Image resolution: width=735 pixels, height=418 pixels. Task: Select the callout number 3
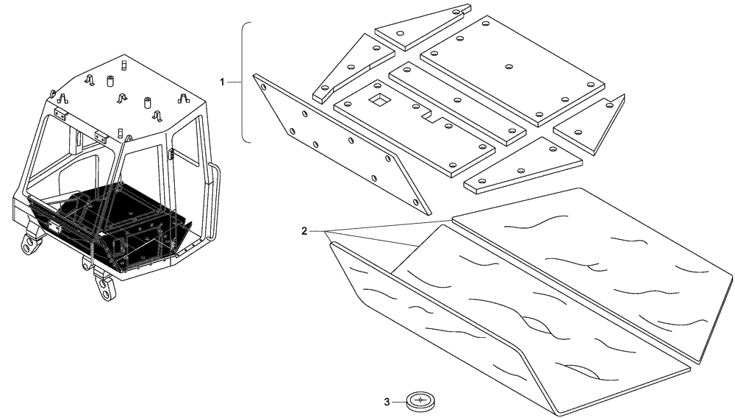[387, 402]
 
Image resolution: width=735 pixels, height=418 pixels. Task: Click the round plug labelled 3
[420, 401]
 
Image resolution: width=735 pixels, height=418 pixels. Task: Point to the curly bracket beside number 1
[245, 81]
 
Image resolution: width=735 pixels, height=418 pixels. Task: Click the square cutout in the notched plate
[380, 98]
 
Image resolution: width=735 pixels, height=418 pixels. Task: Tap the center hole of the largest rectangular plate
[508, 67]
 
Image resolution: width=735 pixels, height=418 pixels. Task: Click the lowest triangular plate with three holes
[514, 166]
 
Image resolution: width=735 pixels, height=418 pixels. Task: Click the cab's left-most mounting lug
[29, 243]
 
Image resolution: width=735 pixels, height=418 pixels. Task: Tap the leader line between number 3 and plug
[399, 402]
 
